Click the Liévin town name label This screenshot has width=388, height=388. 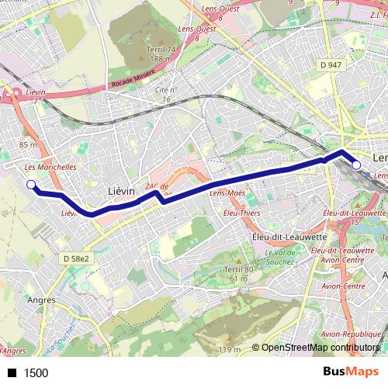[x=120, y=190]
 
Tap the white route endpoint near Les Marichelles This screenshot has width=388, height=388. [x=31, y=184]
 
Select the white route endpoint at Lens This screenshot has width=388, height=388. [x=356, y=165]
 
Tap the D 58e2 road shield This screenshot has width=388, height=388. [x=77, y=258]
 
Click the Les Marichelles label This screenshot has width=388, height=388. [x=50, y=167]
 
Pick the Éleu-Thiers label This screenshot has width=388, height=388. [x=241, y=211]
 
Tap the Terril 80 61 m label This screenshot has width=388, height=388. [x=234, y=273]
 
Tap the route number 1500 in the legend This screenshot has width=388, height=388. [x=36, y=373]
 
